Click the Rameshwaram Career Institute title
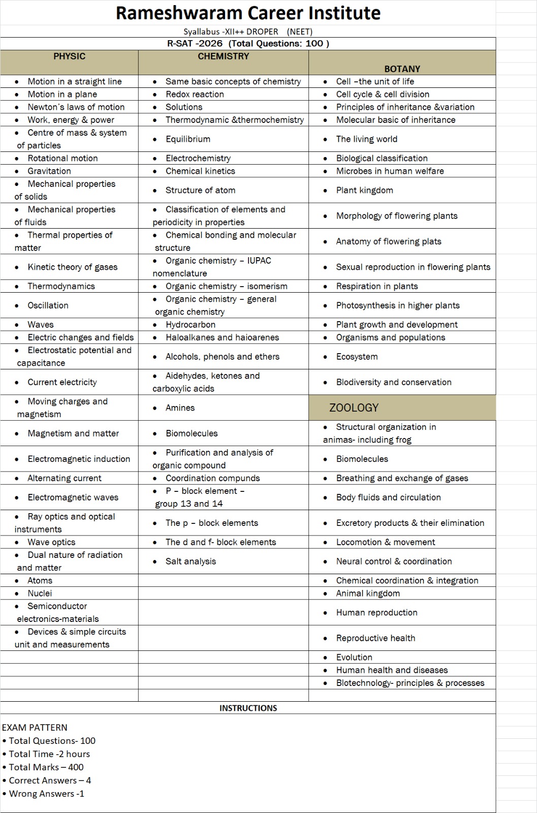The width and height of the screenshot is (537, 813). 248,13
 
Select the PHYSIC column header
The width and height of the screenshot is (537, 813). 69,56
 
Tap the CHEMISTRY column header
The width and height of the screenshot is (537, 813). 223,56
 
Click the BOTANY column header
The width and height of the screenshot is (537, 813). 402,69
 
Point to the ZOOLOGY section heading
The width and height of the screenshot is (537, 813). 354,408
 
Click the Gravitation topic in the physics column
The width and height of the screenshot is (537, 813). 49,171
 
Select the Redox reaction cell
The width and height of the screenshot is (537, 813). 195,95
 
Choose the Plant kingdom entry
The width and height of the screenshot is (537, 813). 364,191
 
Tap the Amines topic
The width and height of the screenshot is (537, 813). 180,408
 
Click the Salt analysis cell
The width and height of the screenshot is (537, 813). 191,561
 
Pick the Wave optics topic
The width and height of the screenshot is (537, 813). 51,542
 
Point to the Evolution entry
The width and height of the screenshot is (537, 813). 354,658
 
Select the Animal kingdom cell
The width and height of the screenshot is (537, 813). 368,593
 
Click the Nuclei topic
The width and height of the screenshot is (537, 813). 40,593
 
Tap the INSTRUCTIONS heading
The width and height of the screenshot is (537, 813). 248,708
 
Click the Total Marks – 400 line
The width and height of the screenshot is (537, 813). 46,767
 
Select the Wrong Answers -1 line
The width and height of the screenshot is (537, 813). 46,794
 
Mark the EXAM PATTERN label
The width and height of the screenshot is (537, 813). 35,728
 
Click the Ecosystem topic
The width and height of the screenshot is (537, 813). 357,357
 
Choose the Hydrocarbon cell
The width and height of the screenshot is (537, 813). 190,325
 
